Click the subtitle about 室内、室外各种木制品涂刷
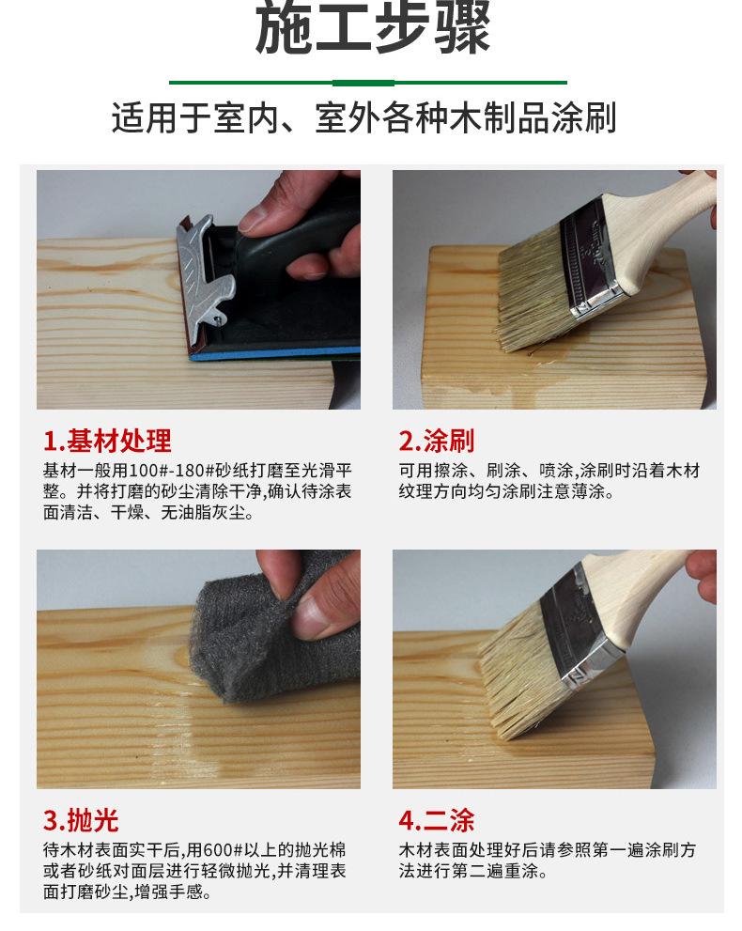click(x=364, y=117)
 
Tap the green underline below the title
click(x=368, y=83)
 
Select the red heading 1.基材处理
click(x=107, y=441)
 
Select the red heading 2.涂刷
click(x=437, y=441)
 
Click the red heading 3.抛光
click(x=81, y=820)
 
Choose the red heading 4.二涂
click(x=437, y=820)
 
